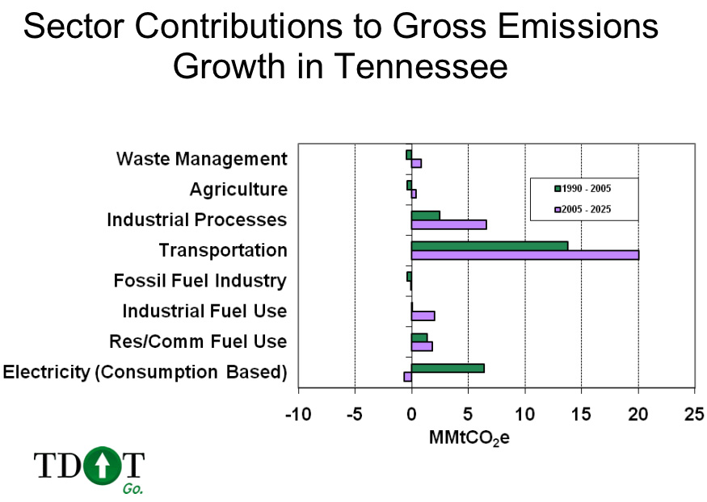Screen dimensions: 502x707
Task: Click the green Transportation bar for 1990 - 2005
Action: tap(490, 245)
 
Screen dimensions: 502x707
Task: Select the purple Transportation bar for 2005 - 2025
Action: tap(524, 255)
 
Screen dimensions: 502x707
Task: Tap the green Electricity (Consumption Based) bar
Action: tap(448, 368)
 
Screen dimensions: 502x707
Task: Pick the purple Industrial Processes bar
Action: tap(448, 224)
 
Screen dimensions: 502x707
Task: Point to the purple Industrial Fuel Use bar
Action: tap(423, 316)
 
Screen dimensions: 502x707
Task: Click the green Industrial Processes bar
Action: tap(425, 215)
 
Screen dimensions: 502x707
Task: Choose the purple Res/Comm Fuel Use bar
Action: tap(422, 346)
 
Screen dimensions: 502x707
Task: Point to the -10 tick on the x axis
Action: tap(298, 414)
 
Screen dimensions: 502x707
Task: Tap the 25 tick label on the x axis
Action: tap(694, 414)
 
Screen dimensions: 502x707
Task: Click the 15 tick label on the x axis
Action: tap(581, 414)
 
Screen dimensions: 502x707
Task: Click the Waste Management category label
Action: tap(201, 158)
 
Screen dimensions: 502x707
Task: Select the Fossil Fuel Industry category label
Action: tap(200, 281)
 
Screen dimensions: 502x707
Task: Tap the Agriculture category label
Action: tap(238, 189)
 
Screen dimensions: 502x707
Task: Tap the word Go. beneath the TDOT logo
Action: tap(133, 488)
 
